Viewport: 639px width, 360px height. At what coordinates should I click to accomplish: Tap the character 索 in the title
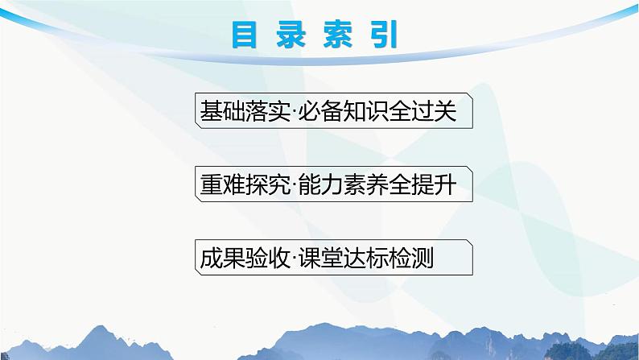tap(342, 35)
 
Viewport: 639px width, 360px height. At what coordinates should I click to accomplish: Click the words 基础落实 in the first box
tap(238, 111)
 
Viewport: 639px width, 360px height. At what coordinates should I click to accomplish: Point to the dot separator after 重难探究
tap(284, 185)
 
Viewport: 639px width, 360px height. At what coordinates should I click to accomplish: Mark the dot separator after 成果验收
tap(284, 259)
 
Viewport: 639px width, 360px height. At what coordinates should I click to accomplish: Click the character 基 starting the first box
tap(206, 111)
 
